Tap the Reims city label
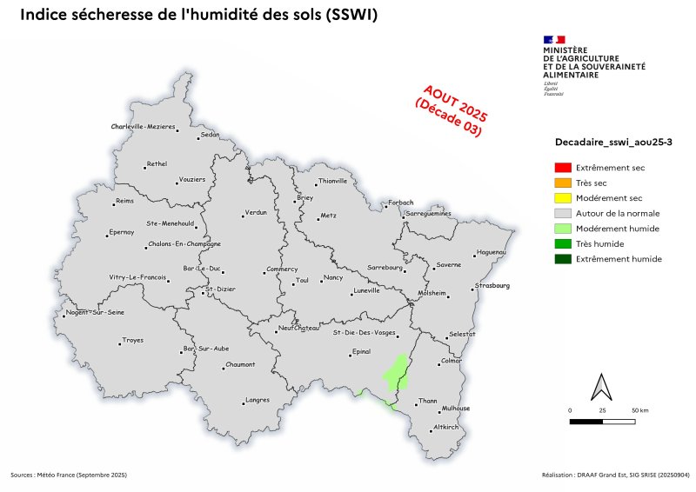tap(127, 202)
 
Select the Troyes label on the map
tap(133, 340)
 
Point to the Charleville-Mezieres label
tap(144, 127)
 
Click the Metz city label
tap(328, 215)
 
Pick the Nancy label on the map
tap(333, 277)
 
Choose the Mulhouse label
tap(456, 409)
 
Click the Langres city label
tap(258, 400)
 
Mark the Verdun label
tap(256, 212)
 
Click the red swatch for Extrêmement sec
tap(563, 167)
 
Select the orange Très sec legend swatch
tap(563, 183)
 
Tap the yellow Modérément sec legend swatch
tap(563, 198)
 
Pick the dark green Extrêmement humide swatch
tap(563, 259)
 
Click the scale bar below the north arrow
tap(602, 422)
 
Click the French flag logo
tap(554, 39)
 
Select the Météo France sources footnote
tap(69, 475)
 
